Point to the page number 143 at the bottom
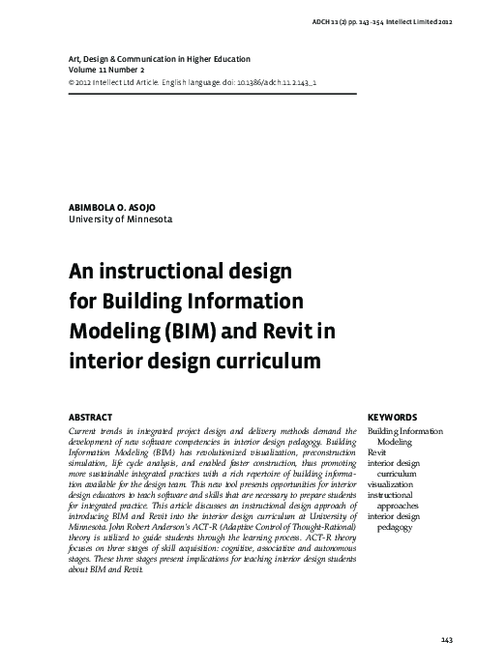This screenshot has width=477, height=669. pyautogui.click(x=446, y=641)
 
